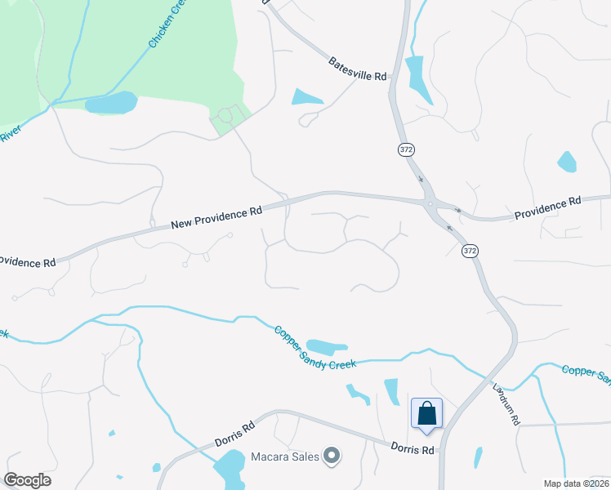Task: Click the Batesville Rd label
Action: [x=358, y=69]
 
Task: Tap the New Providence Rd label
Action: [x=216, y=217]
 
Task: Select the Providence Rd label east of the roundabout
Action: [x=546, y=207]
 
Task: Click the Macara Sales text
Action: [x=283, y=456]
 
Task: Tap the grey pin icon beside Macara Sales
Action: [x=331, y=456]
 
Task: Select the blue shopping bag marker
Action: [x=426, y=413]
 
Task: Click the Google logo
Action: [x=28, y=480]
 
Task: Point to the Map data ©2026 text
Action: [x=576, y=483]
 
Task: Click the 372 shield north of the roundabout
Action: [x=406, y=149]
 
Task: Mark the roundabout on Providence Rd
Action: [x=429, y=203]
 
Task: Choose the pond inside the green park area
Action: [x=111, y=103]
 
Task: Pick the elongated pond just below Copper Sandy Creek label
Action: [x=327, y=347]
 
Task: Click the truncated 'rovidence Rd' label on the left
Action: [x=26, y=262]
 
